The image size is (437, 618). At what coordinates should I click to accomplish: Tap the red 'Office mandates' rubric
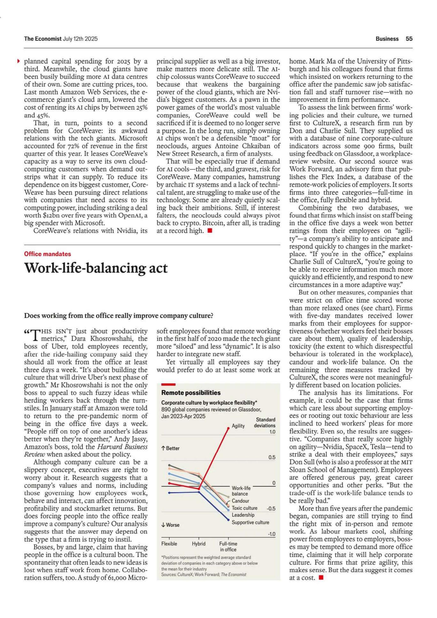tap(47, 254)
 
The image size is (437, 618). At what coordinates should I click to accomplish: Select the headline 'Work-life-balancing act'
tap(96, 268)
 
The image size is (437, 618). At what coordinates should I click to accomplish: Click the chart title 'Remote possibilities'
tap(191, 392)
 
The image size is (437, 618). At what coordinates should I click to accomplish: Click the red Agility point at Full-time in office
tap(228, 428)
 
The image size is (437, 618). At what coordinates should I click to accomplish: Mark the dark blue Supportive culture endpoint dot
tap(228, 520)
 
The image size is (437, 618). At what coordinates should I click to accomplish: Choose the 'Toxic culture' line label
tap(244, 508)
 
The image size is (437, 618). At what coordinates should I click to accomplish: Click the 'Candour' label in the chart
tap(240, 501)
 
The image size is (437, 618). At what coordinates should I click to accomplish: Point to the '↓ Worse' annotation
tap(170, 525)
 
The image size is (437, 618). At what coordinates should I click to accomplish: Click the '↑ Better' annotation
tap(170, 448)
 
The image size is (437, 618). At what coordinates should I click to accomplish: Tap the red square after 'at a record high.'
tap(210, 230)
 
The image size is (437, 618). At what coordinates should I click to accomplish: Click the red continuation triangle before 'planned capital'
tap(18, 61)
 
